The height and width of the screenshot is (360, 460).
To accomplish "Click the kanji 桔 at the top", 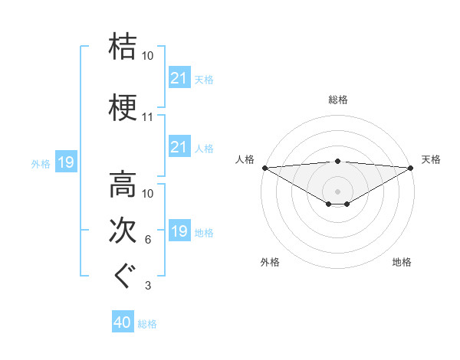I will tap(123, 45).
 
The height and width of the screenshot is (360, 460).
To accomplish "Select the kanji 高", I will tap(123, 185).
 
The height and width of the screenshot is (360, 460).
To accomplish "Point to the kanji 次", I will tap(123, 231).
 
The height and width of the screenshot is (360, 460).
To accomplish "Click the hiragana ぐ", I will tap(123, 276).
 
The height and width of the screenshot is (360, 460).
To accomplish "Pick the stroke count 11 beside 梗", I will tap(148, 118).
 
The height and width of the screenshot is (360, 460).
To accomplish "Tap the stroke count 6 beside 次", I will tap(148, 241).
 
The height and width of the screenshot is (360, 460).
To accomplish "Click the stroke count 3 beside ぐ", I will tap(148, 286).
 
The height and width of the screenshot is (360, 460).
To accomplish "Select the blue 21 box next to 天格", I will tap(179, 77).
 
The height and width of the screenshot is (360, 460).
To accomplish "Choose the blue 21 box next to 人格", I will tap(179, 146).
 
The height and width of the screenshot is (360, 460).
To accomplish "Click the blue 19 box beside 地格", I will tap(179, 231).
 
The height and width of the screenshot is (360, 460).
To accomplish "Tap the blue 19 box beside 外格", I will tap(65, 162).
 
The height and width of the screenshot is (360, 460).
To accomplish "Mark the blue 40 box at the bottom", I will tap(123, 322).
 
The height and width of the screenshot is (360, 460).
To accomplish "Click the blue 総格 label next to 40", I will tap(147, 324).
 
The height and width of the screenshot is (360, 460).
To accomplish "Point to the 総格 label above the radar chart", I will tap(337, 100).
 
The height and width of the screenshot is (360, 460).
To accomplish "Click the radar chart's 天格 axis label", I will tap(431, 159).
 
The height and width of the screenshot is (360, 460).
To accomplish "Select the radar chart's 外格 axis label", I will tap(270, 262).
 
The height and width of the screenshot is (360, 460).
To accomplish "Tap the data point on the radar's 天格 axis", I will tap(412, 167).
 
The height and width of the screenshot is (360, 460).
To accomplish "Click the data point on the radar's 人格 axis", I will tap(264, 167).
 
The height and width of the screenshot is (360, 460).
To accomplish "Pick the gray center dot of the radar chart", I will tap(337, 190).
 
